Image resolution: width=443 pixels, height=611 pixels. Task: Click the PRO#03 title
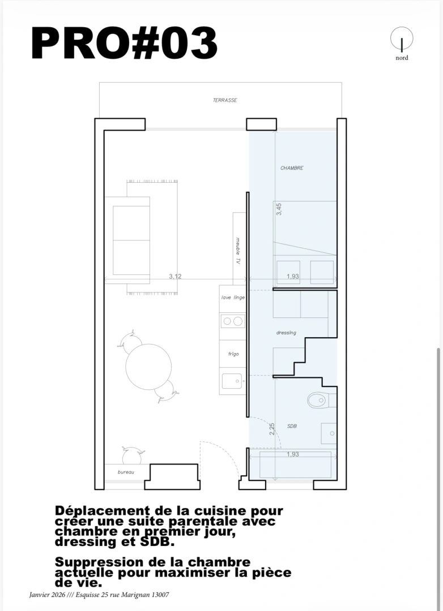point(123,44)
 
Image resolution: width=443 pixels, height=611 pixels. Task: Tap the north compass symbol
point(402,40)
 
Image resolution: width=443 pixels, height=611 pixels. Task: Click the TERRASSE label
point(225,100)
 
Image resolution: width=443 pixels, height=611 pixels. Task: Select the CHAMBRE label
point(292,168)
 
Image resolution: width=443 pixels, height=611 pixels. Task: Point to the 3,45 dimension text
point(279,209)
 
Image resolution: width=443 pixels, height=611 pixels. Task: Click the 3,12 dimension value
point(175,276)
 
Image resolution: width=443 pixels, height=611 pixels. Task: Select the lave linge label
point(233,297)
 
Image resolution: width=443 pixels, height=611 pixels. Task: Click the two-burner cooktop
point(232,321)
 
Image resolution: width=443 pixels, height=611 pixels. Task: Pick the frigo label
point(233,354)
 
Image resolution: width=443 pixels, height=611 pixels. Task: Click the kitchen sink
point(232,381)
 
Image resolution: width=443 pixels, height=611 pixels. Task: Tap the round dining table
point(148,367)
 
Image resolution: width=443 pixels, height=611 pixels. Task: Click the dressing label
point(286,333)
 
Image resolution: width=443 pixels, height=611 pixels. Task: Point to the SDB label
point(292,425)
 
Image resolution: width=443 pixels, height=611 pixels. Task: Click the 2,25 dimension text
point(272,429)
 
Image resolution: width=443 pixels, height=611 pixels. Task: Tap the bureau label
point(126,472)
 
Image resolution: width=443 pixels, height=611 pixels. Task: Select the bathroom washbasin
point(328,433)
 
